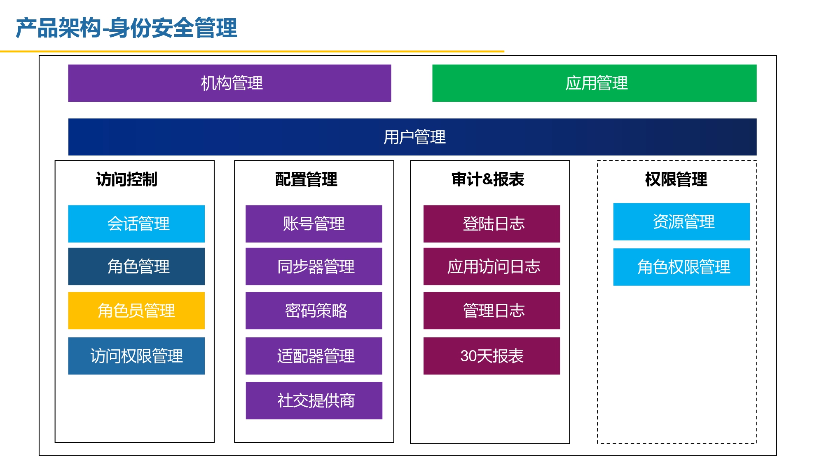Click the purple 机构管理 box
pos(229,83)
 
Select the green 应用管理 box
pos(594,83)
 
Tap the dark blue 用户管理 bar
pos(412,137)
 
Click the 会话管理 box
pos(136,224)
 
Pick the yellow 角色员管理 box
pos(136,311)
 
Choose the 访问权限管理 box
pos(136,356)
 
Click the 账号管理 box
pos(314,224)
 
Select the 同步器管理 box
pos(314,266)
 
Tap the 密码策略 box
pos(314,311)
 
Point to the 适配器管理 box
pos(314,356)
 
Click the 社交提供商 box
pos(314,400)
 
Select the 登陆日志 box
pos(492,224)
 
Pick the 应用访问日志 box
pos(492,266)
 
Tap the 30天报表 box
pos(492,356)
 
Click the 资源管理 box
pos(681,221)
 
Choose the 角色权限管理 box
pos(681,267)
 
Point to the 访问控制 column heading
pos(127,179)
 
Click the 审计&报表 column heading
pos(488,179)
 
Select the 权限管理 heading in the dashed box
pos(676,179)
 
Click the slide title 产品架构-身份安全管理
pos(126,28)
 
